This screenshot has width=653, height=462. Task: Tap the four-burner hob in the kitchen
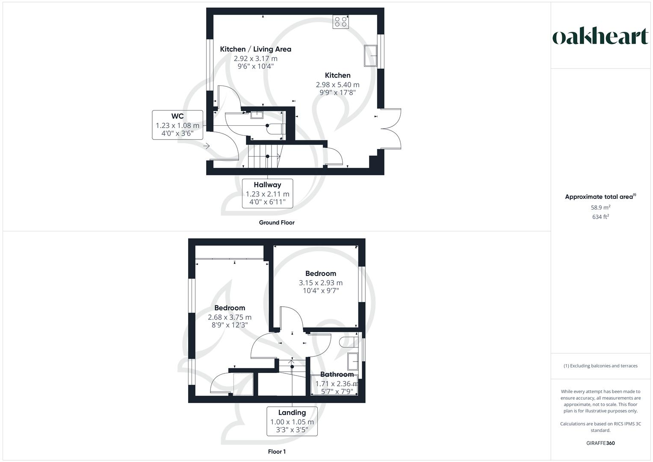coord(341,22)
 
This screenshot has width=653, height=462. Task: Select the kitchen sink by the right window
coord(370,56)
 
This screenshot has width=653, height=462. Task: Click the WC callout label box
coord(177,124)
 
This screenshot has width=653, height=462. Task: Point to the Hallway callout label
coord(267,193)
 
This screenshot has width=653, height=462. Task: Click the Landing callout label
coord(292,421)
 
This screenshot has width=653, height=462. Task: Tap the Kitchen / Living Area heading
coord(255,49)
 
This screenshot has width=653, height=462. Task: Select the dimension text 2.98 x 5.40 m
coord(337,85)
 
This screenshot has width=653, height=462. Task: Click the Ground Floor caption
coord(277,222)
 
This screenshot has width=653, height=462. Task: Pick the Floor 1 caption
coord(277,452)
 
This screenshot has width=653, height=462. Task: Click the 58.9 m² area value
coord(600,207)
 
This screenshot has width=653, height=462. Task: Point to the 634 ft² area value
coord(600,217)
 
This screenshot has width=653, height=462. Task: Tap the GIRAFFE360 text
coord(600,443)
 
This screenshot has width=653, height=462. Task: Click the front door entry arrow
coord(207,146)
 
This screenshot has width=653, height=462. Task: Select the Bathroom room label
coord(337,374)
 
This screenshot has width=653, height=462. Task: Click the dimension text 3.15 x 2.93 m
coord(320,283)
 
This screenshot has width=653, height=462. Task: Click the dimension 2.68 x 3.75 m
coord(230,317)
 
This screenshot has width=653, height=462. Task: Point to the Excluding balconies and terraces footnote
coord(600,366)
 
